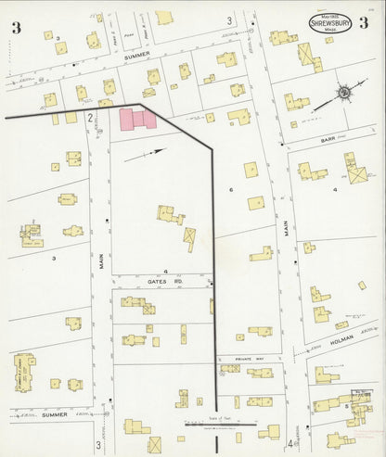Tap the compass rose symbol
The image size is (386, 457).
pos(343,94)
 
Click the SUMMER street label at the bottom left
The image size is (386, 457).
pos(53,414)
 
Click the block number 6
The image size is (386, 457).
pos(229,189)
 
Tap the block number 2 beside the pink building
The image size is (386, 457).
pos(90,118)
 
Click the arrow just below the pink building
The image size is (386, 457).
pos(155,150)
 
